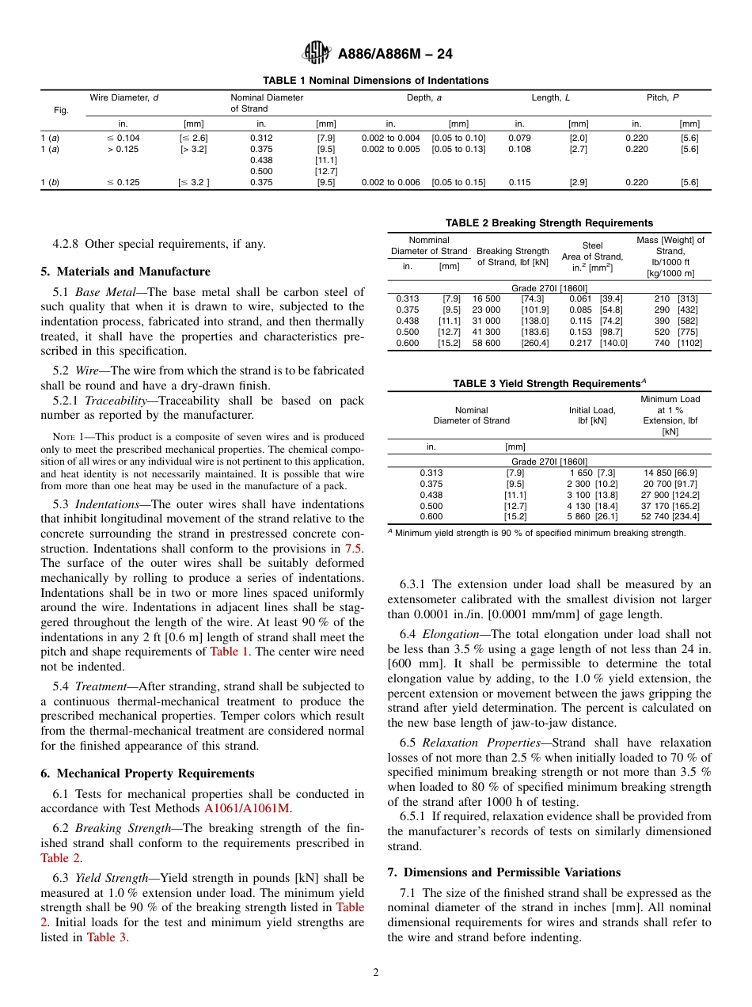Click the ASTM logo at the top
[317, 54]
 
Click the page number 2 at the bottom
[376, 973]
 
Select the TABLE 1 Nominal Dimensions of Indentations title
[375, 81]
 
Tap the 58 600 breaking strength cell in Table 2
[487, 343]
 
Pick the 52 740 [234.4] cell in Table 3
[671, 516]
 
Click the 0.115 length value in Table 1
[519, 182]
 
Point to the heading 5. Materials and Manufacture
[125, 272]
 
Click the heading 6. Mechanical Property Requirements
[147, 773]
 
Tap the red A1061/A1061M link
[247, 808]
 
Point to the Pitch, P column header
[663, 97]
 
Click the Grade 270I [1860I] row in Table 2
[549, 287]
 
